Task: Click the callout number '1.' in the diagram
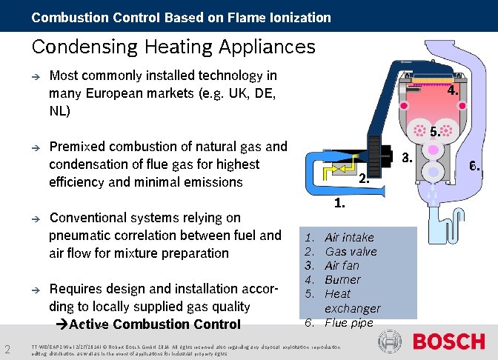point(341,201)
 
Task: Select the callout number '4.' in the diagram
point(454,90)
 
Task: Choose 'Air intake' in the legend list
point(349,238)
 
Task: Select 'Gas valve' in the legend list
point(351,252)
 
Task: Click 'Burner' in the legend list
point(342,280)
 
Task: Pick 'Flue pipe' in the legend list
point(349,322)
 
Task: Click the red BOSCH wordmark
point(448,341)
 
